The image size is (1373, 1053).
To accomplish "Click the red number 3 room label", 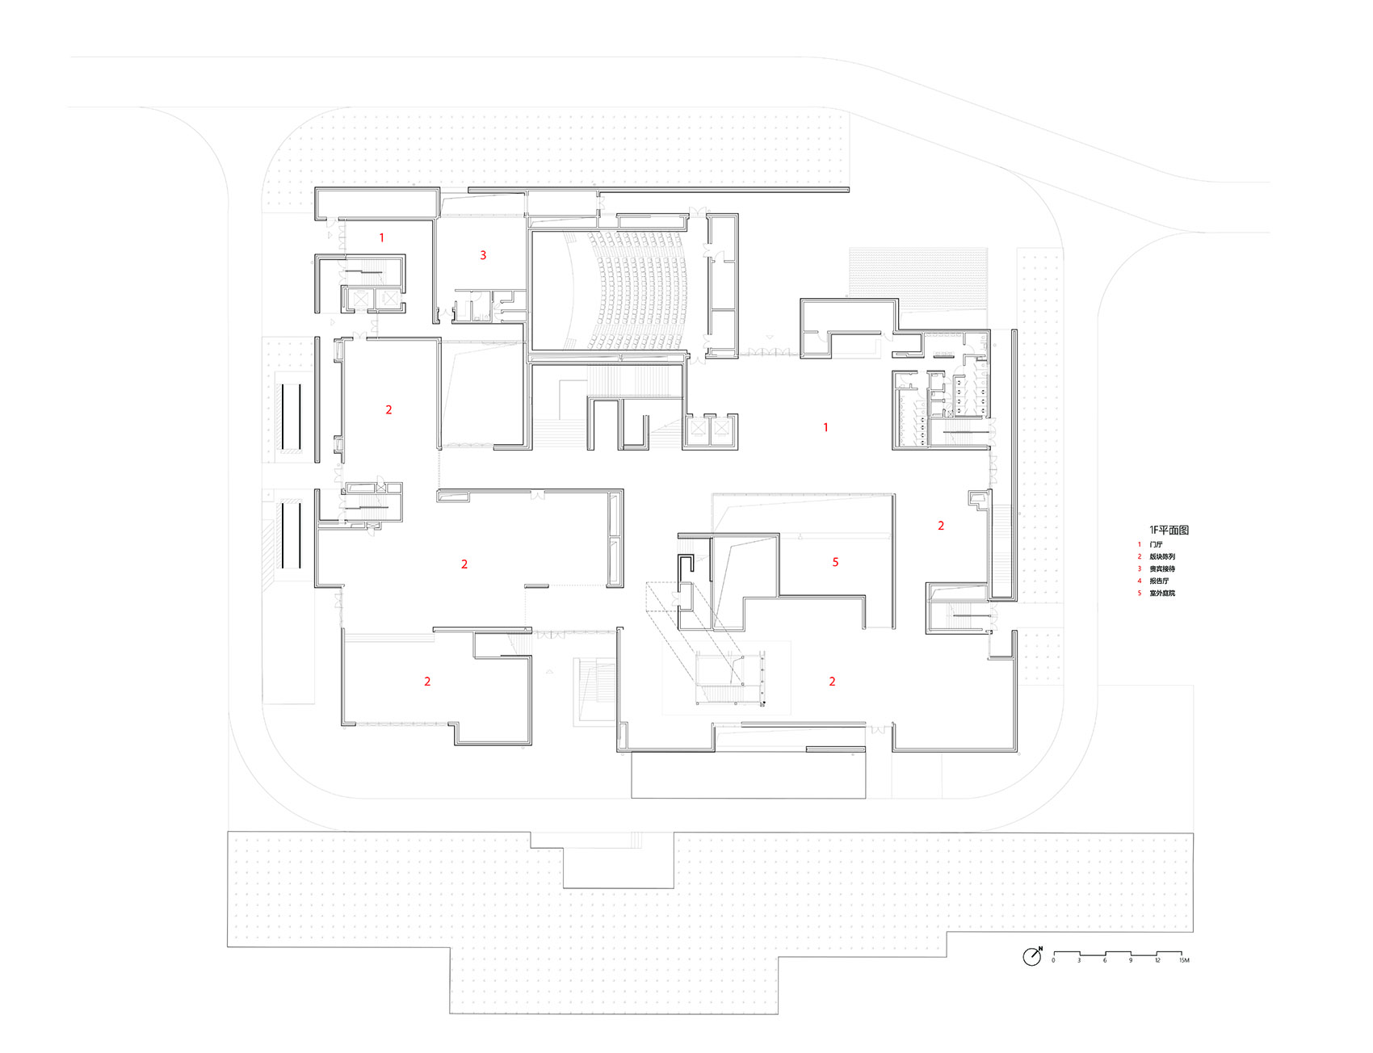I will (x=483, y=255).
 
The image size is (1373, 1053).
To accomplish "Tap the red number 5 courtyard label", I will (x=835, y=562).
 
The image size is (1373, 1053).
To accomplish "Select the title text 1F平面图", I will (x=1169, y=530).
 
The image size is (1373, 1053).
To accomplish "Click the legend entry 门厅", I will (x=1156, y=545).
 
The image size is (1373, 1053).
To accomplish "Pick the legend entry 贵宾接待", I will (x=1162, y=569).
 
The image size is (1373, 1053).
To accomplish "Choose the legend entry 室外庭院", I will (x=1162, y=594).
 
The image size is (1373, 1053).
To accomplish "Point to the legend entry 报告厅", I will (x=1159, y=581).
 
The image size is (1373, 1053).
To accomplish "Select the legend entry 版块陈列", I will (x=1162, y=557).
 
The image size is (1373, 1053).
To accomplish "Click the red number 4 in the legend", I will (x=1140, y=581).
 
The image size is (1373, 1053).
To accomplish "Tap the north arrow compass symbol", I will (x=1031, y=958).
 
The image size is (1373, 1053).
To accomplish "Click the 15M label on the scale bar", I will (x=1183, y=961).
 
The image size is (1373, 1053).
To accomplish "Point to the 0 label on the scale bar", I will (x=1053, y=961).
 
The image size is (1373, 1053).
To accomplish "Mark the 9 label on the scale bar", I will (x=1131, y=961).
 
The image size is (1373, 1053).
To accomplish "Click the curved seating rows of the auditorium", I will (x=638, y=291).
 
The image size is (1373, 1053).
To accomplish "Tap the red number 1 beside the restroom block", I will (x=825, y=427).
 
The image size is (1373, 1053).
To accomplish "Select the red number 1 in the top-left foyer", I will (x=382, y=238).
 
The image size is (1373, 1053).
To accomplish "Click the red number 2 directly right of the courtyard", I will (x=941, y=526).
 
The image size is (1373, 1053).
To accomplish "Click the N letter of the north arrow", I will (x=1040, y=948).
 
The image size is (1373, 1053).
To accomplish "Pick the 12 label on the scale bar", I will (x=1157, y=961).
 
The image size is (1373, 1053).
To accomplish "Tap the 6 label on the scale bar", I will (x=1105, y=961).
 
